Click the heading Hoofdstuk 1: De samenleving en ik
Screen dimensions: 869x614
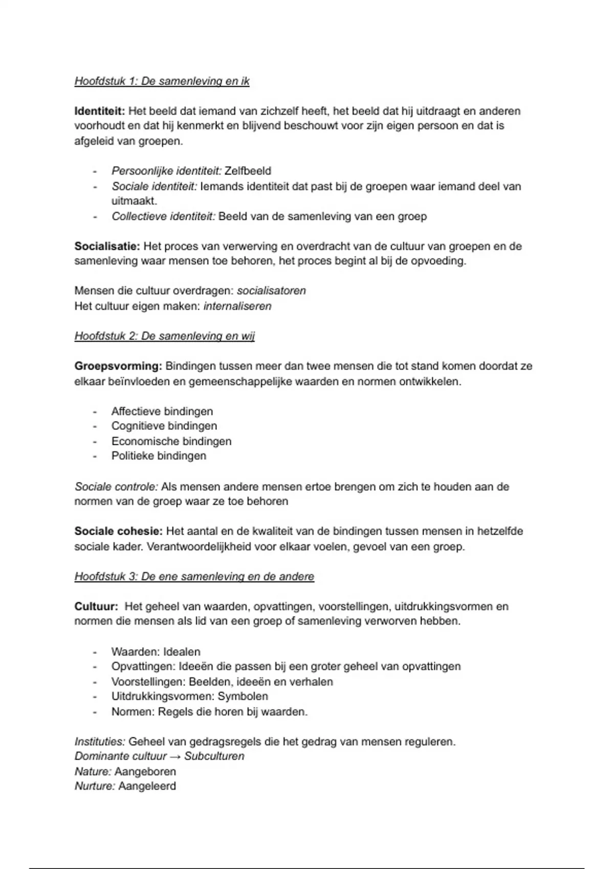coord(162,81)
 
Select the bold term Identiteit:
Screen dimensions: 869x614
coord(100,111)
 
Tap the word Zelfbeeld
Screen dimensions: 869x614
coord(248,171)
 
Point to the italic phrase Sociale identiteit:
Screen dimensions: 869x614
coord(154,187)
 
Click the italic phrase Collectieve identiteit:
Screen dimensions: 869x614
coord(163,217)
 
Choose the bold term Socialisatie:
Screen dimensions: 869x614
coord(107,246)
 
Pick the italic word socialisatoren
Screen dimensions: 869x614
coord(271,291)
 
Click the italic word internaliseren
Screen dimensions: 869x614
coord(237,306)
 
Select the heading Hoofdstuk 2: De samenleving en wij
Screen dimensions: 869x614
coord(164,336)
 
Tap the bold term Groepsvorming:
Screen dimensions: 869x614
coord(118,367)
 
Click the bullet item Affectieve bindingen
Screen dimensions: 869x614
coord(162,411)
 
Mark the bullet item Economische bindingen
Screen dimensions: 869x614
coord(171,441)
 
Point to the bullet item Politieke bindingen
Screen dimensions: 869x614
coord(159,456)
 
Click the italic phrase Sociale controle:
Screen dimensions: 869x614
coord(116,487)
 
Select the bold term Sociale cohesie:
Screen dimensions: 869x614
coord(118,532)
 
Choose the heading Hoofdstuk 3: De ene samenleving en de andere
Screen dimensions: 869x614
coord(194,577)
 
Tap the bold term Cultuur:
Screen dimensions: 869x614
coord(96,607)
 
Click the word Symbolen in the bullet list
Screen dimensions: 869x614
coord(243,696)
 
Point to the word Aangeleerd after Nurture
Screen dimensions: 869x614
coord(147,786)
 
